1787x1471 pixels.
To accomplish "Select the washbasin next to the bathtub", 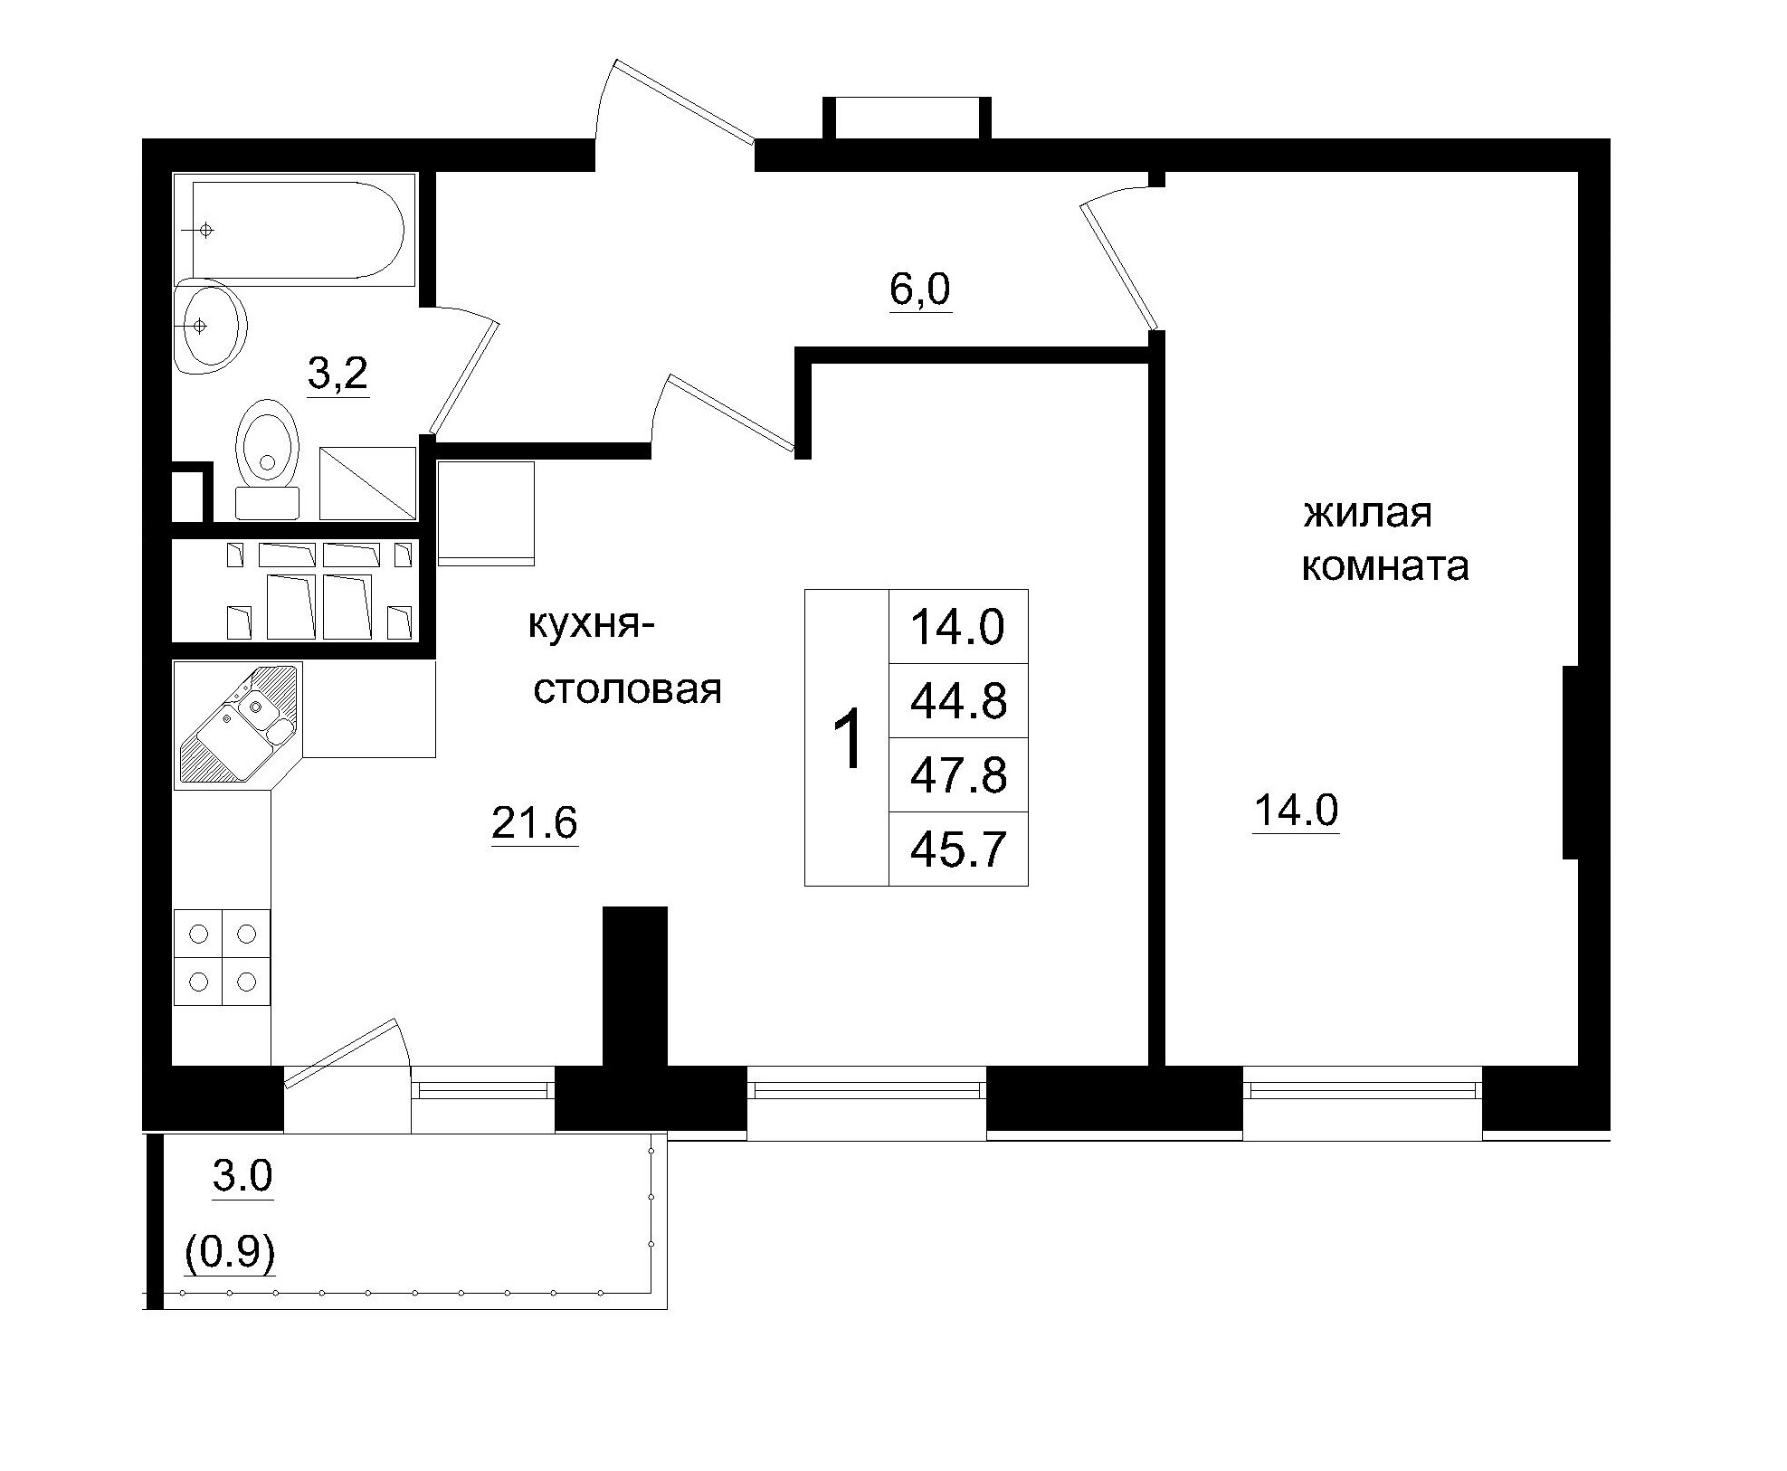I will [x=211, y=326].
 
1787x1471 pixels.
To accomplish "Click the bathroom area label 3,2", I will [x=338, y=373].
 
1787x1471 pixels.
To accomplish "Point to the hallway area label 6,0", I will [x=920, y=289].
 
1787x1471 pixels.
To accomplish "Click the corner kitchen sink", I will [x=238, y=725].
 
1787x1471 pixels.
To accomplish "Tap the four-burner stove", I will [x=223, y=957].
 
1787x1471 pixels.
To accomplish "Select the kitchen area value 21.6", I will [x=534, y=822].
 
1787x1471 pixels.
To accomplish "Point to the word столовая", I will [x=627, y=690].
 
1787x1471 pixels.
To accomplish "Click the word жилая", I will [x=1367, y=514].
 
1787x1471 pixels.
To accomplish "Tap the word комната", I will [x=1384, y=567].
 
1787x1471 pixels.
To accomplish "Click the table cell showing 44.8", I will [x=958, y=701].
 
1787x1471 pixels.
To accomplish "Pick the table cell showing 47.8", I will [x=958, y=775].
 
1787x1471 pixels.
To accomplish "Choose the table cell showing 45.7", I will [x=958, y=849].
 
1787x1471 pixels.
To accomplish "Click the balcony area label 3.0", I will [x=242, y=1176].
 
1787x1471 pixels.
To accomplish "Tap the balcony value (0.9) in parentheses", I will [x=230, y=1253].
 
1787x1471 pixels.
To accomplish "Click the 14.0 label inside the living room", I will [x=1296, y=811].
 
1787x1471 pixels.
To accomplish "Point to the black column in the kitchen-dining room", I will [x=635, y=986].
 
